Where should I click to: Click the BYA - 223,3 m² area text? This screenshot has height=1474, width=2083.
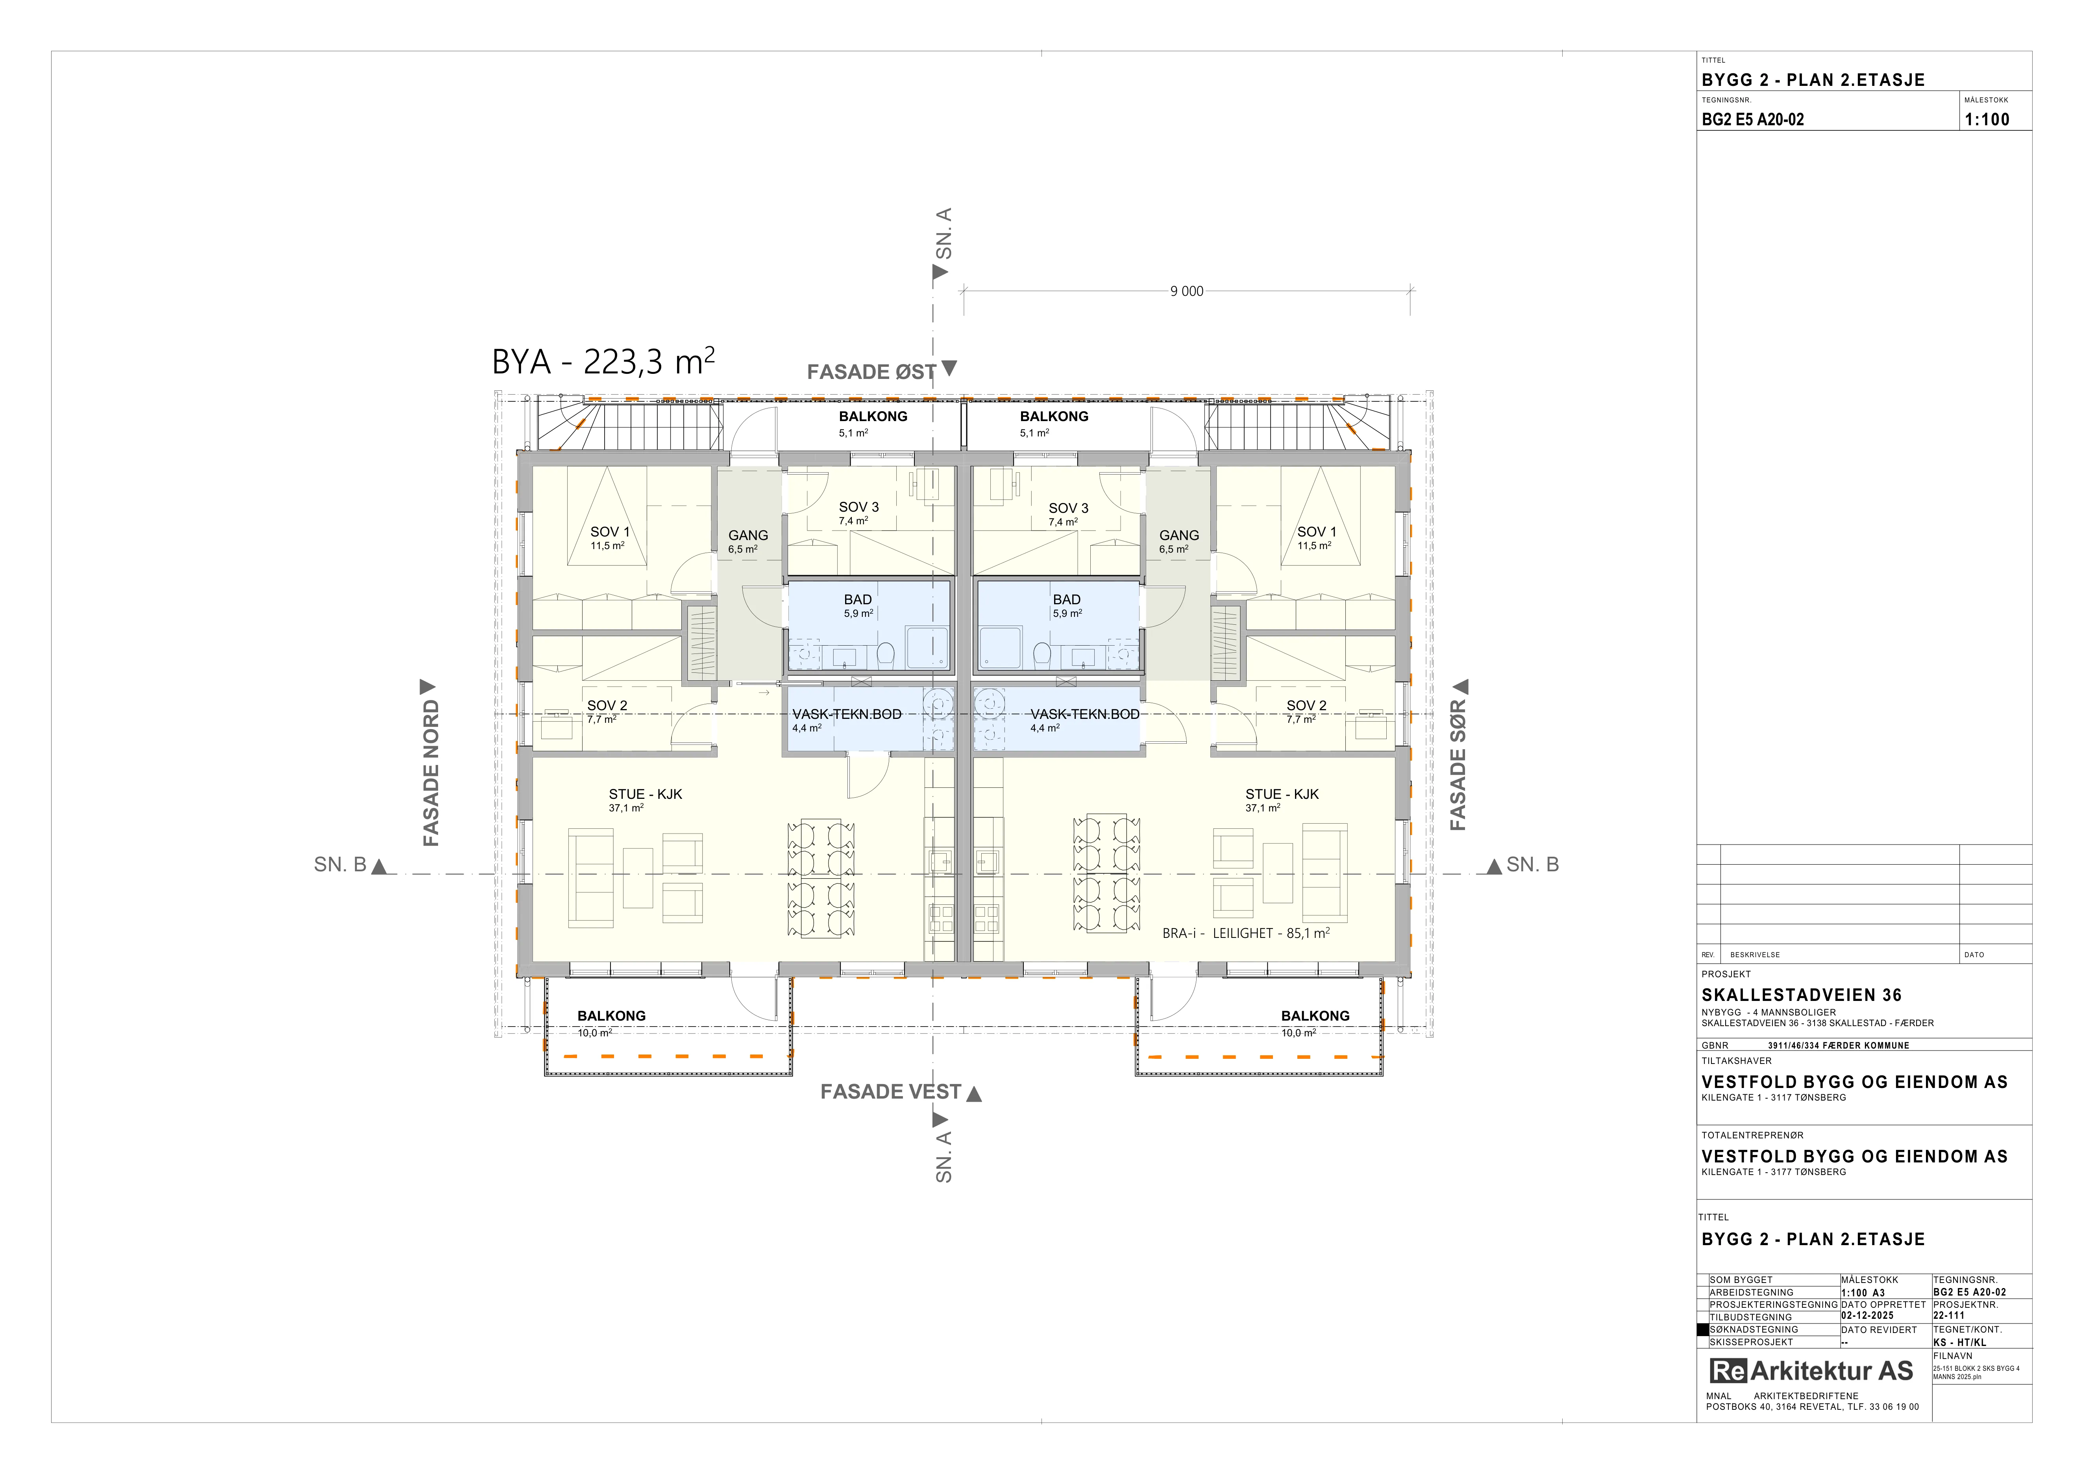coord(603,361)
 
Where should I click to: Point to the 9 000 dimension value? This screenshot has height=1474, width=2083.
coord(1187,291)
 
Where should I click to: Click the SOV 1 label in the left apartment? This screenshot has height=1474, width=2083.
coord(610,532)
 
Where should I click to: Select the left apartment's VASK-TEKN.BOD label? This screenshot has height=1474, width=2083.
coord(846,714)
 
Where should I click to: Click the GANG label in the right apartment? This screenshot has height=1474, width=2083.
coord(1179,535)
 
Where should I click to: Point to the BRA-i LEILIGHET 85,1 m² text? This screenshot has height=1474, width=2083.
coord(1246,932)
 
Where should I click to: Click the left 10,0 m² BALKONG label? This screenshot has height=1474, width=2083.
coord(611,1015)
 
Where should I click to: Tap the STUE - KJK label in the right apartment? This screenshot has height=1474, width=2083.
coord(1282,794)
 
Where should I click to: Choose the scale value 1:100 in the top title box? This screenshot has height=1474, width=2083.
coord(1987,119)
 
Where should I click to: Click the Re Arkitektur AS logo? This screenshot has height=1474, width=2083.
coord(1811,1370)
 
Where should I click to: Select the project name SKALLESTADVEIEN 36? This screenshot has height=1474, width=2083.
coord(1801,995)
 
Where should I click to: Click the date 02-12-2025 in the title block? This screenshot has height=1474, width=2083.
coord(1867,1315)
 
